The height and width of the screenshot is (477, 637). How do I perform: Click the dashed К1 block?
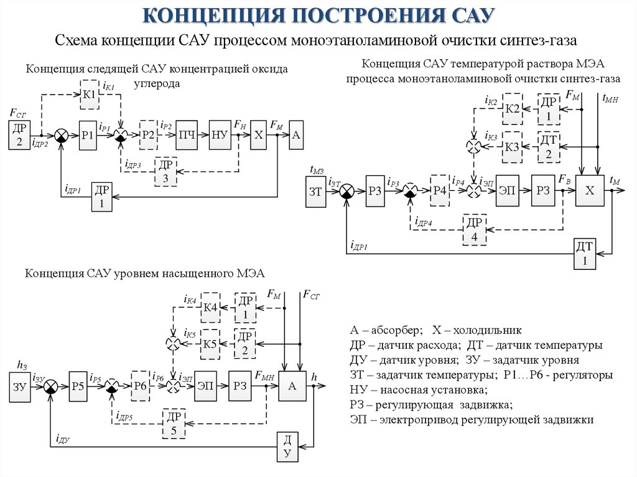pos(90,94)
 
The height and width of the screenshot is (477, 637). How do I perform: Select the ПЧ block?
pos(187,135)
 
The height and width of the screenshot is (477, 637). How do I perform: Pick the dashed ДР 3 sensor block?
pos(165,171)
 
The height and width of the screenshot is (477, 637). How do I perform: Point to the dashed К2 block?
pos(512,109)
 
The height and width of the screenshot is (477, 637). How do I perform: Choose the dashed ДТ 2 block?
pos(549,147)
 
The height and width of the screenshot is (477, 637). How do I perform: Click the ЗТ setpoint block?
pos(315,192)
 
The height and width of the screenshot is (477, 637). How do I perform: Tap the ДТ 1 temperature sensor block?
pos(585,254)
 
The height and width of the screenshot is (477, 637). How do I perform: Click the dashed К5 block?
pos(210,343)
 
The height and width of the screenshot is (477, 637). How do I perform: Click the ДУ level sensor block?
pos(287,447)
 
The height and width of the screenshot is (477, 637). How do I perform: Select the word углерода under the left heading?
pos(157,83)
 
